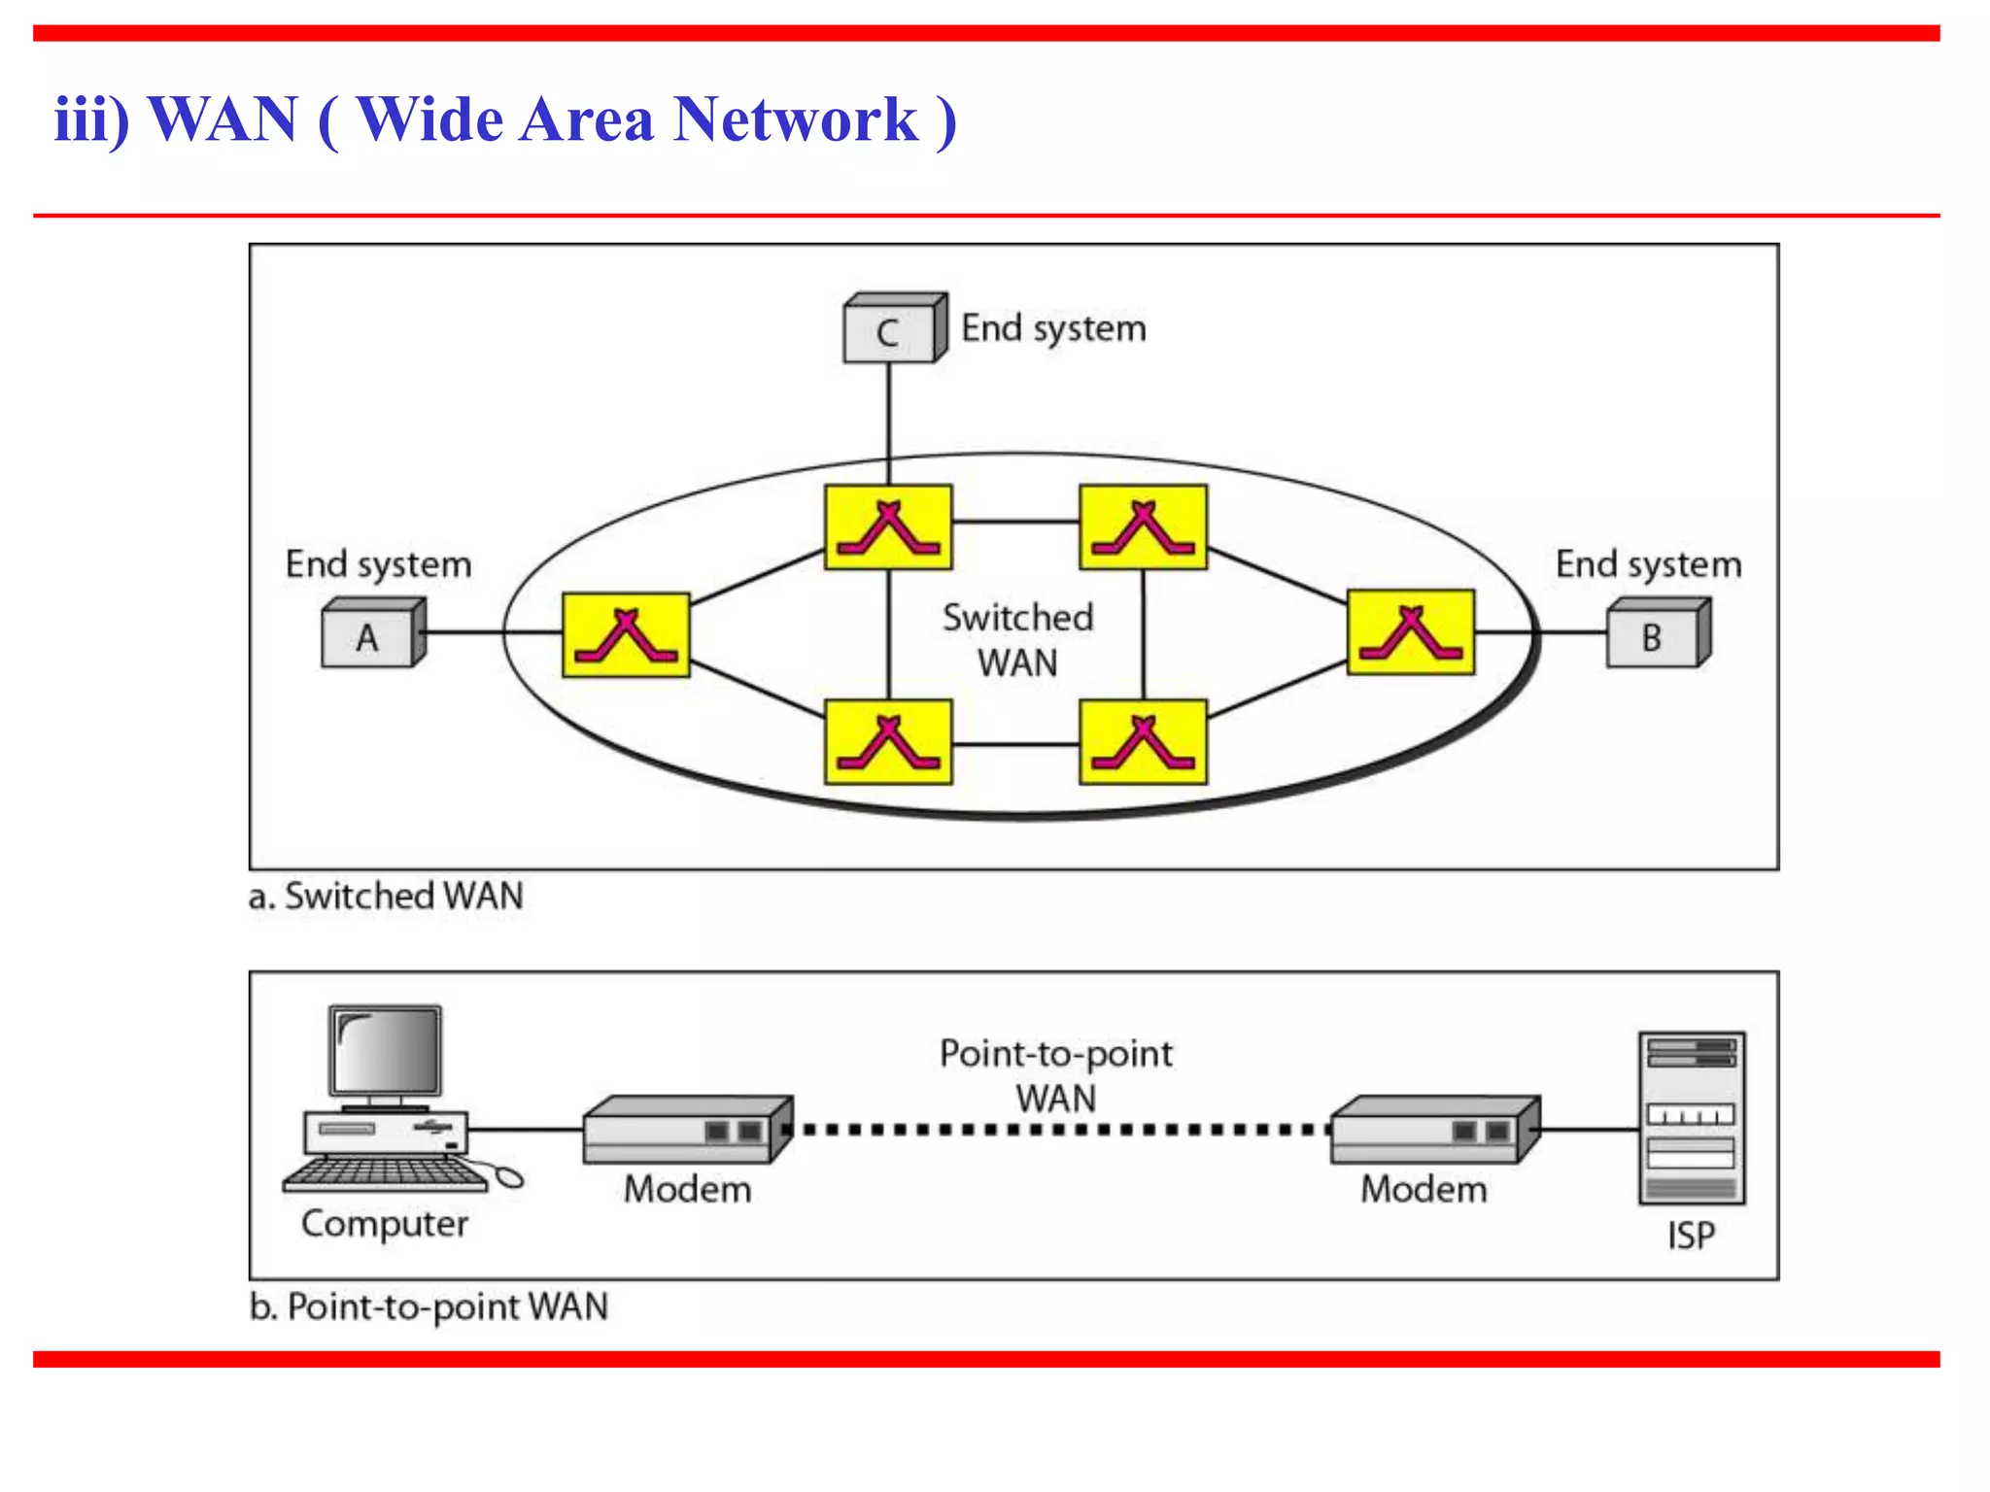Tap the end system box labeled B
tap(1656, 635)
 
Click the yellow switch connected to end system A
tap(627, 635)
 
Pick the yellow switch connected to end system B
tap(1411, 632)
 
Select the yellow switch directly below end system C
tap(888, 526)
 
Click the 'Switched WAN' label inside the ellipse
tap(1017, 640)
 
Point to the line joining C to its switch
tap(888, 423)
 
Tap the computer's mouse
tap(509, 1177)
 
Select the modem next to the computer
tap(687, 1130)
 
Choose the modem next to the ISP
tap(1434, 1130)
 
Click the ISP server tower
tap(1691, 1118)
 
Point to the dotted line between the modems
tap(1059, 1130)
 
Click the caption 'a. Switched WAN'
tap(386, 896)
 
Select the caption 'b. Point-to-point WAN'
tap(429, 1306)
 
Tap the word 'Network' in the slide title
tap(795, 119)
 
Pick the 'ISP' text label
tap(1691, 1236)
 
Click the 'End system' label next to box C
tap(1053, 328)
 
